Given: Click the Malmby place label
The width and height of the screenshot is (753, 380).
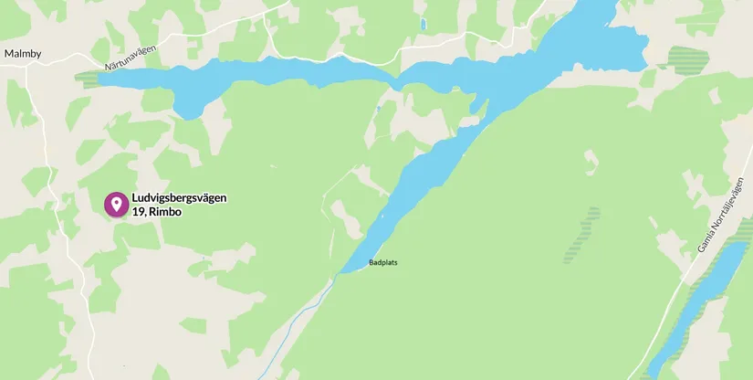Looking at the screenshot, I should tap(23, 54).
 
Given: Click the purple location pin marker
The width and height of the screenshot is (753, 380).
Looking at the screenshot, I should tap(115, 204).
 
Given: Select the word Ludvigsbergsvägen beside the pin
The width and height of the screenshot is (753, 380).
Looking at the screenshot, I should tap(179, 198).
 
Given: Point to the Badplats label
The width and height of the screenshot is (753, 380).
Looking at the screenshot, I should tap(383, 263).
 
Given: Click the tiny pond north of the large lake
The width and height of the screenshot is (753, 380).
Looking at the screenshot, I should tap(423, 24).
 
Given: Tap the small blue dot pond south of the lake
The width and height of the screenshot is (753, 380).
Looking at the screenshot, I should tap(378, 109).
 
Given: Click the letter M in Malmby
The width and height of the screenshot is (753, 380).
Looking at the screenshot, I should tap(8, 54).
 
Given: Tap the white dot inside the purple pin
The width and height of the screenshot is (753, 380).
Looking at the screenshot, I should tap(115, 202).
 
